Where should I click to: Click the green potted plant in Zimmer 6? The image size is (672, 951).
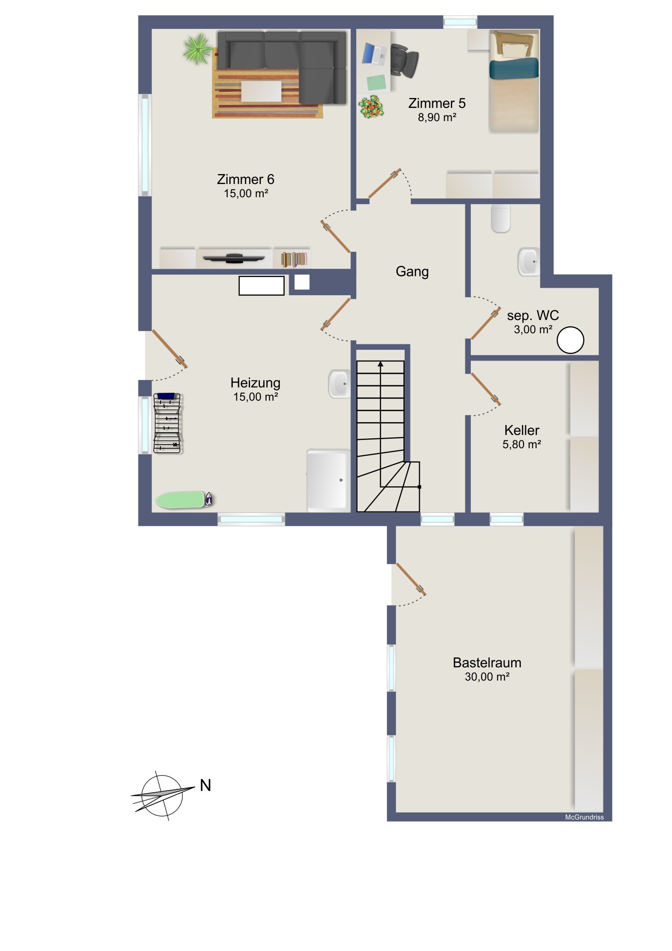click(198, 49)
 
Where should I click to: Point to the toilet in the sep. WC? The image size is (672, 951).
click(500, 218)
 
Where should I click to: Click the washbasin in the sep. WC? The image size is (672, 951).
click(529, 262)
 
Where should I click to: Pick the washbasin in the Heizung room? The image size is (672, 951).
click(340, 384)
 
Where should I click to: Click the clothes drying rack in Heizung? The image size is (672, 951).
click(167, 423)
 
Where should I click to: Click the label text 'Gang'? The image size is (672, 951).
click(412, 272)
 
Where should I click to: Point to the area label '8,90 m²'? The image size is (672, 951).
click(437, 117)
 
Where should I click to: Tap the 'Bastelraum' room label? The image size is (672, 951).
click(487, 663)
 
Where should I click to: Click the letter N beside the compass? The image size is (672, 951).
click(205, 785)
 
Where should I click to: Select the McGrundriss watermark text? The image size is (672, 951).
click(584, 817)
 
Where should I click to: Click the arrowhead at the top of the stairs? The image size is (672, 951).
click(381, 364)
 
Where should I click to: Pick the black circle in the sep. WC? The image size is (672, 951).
click(570, 340)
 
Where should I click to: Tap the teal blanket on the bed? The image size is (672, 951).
click(514, 68)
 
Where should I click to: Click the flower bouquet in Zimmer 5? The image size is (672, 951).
click(371, 107)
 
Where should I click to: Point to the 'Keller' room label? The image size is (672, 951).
click(522, 430)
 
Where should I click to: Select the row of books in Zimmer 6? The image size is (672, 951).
click(294, 259)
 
